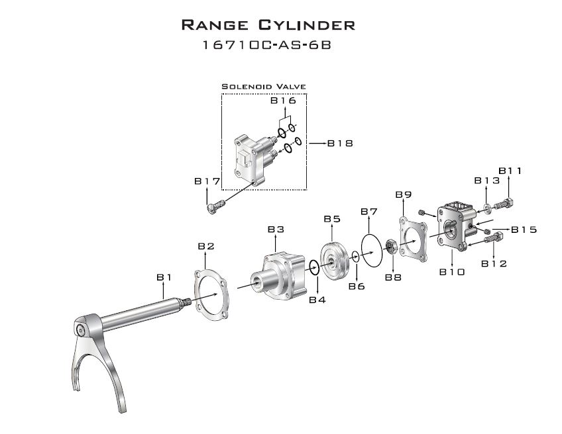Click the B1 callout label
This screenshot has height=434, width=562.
(164, 277)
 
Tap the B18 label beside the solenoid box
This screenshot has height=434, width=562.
(340, 144)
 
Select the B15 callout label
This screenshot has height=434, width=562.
(524, 230)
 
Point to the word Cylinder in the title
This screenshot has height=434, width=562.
(306, 25)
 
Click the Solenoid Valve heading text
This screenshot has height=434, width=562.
(264, 87)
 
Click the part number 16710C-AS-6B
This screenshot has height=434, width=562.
(267, 45)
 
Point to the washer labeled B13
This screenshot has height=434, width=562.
(487, 208)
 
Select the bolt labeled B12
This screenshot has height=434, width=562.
(494, 238)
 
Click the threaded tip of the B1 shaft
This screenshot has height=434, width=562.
(186, 304)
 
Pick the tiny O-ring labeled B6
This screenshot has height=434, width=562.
(356, 256)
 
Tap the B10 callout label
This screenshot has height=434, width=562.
(452, 273)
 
